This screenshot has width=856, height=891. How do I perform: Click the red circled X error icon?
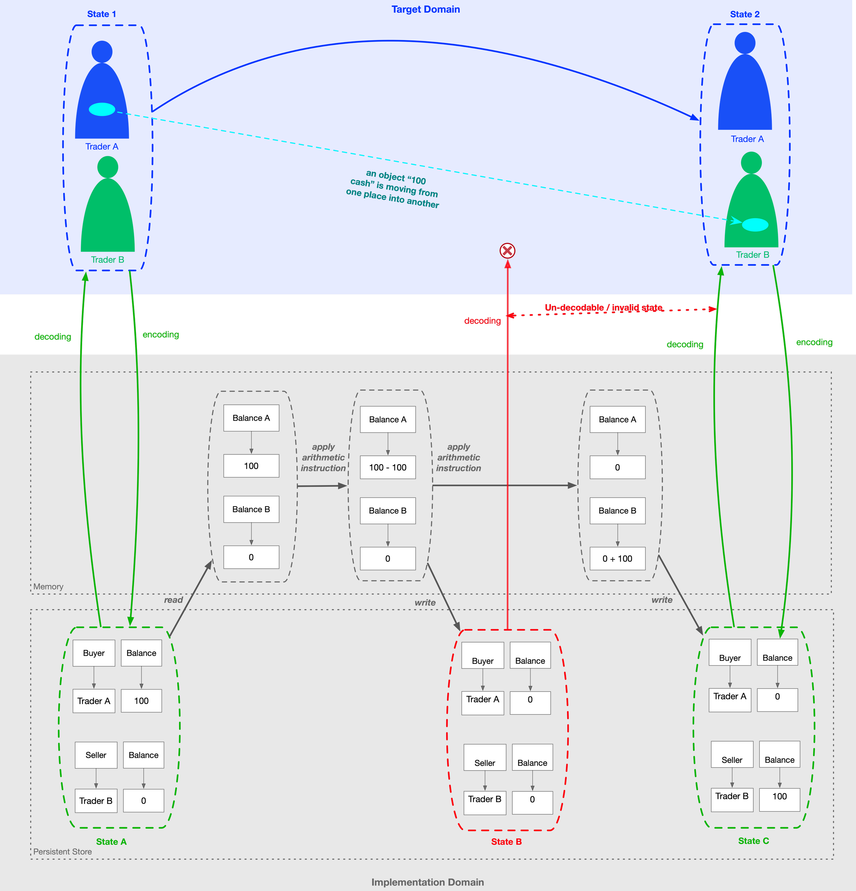pos(507,250)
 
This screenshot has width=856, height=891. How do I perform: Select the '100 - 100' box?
pos(388,467)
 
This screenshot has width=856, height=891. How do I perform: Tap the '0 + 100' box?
pos(617,559)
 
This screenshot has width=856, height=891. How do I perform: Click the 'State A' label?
pos(111,841)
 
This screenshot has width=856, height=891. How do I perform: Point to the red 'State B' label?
pos(506,841)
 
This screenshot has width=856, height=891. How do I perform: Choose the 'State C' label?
pos(753,841)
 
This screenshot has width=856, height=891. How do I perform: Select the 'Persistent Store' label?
pos(62,852)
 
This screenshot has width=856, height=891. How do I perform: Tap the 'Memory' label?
pos(48,586)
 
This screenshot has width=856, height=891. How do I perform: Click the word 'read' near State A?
pos(173,599)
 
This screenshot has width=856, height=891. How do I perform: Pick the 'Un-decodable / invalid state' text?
pos(603,308)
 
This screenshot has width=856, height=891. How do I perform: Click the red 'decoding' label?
pos(482,321)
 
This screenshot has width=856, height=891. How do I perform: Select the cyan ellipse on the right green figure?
pos(755,225)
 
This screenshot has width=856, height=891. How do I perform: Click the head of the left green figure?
pos(108,167)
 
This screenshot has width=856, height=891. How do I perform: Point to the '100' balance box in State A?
pos(141,701)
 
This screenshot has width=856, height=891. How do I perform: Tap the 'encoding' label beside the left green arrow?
pos(161,335)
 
